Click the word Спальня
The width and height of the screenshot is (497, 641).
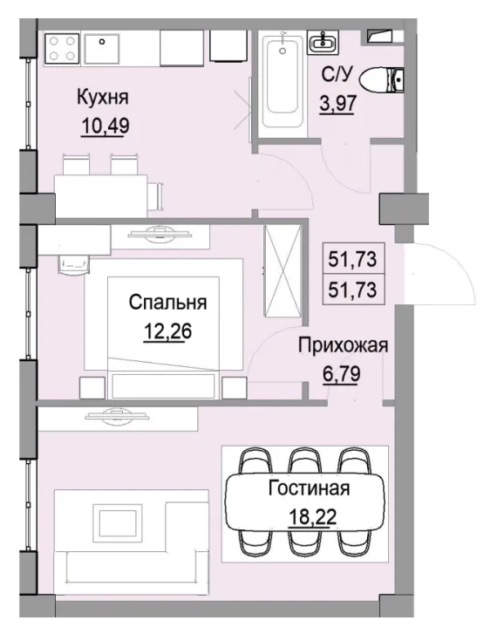(x=167, y=303)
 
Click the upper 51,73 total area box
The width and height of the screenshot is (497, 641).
(x=357, y=259)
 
